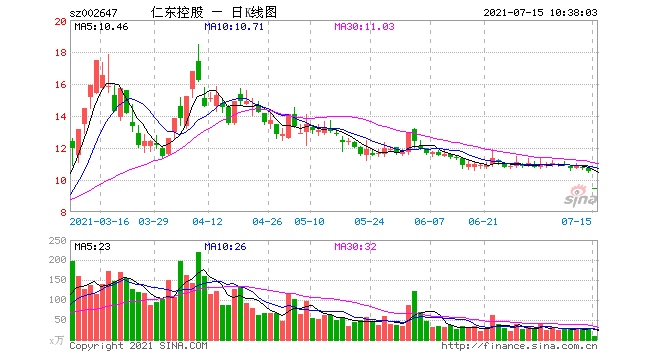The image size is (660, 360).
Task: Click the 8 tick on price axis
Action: click(62, 212)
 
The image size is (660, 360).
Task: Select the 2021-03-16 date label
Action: click(102, 221)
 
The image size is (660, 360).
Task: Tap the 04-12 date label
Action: click(207, 221)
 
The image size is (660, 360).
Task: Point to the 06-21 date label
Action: click(483, 221)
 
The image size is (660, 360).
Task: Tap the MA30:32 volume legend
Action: click(357, 245)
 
